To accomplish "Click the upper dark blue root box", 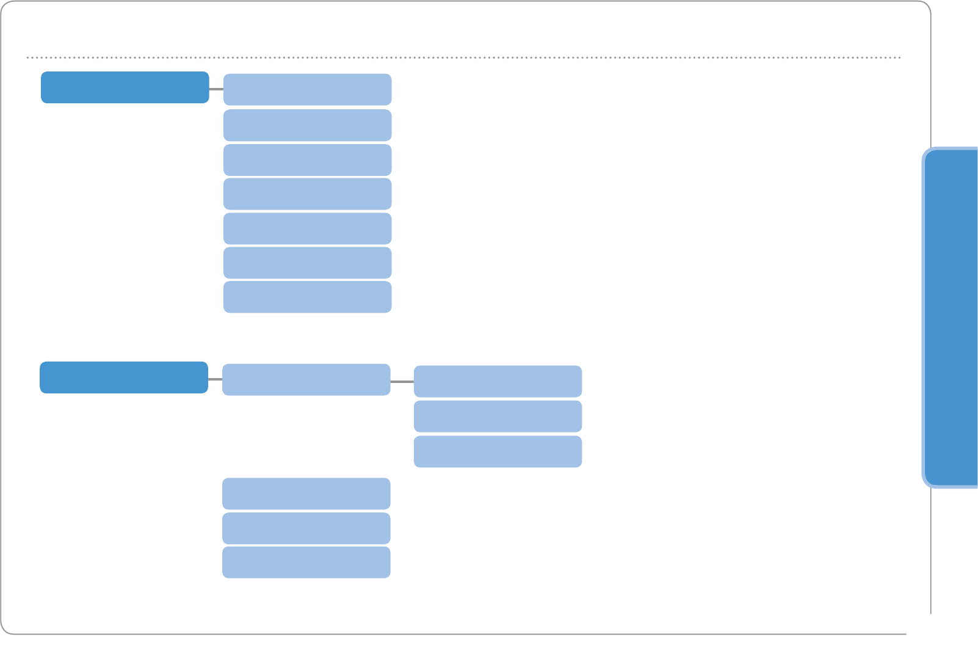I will point(125,87).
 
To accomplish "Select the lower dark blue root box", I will point(124,377).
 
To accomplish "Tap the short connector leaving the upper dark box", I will point(216,89).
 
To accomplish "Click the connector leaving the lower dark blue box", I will point(215,379).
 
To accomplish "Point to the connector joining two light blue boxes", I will point(402,381).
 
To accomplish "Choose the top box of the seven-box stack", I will point(307,90).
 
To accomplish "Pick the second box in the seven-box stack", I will point(307,125).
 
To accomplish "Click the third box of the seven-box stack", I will point(307,160).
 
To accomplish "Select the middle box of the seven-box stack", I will point(307,194).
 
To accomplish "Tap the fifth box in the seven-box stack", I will point(307,228).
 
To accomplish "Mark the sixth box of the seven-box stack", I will point(307,263).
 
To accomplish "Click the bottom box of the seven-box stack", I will point(307,297).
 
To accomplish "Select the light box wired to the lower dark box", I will point(306,379).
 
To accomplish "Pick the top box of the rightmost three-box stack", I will point(498,381).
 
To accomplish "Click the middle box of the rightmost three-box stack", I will point(498,416).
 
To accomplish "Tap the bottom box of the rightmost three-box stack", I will point(498,451).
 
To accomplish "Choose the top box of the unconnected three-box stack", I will point(306,494).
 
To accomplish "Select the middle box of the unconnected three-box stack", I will point(306,528).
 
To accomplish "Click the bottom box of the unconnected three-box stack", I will point(306,562).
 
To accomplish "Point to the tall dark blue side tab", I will point(951,318).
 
